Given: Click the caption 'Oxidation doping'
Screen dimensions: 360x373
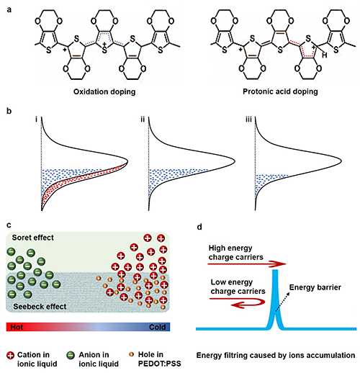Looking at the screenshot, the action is [104, 91].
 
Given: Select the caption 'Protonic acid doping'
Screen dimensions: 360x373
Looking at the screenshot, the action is [280, 91].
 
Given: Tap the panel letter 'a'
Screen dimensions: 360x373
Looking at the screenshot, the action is [9, 10].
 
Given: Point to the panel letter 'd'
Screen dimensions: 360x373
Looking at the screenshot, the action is [199, 227].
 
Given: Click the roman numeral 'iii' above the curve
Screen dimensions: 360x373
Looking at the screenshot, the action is [248, 120].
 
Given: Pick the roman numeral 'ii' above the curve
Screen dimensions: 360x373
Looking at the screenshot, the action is [143, 120].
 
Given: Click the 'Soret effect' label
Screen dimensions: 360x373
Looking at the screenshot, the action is [33, 238].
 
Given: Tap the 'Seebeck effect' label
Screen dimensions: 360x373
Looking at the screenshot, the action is [40, 307].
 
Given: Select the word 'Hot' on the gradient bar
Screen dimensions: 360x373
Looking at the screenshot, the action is [17, 327].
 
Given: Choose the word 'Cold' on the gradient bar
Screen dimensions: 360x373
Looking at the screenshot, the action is [158, 327].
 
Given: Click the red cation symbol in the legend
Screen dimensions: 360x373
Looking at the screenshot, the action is [11, 355].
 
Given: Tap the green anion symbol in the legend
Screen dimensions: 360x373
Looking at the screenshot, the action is [71, 355].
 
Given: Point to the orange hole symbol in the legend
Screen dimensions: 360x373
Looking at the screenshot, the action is [131, 354].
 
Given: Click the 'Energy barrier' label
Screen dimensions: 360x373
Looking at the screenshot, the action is [315, 287].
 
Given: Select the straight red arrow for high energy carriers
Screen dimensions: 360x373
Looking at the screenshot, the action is [247, 264].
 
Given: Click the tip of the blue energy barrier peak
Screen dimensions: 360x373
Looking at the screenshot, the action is [275, 270].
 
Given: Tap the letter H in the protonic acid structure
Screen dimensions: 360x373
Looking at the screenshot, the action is [324, 55].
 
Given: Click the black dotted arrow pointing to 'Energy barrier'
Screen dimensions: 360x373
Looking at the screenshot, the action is [282, 302].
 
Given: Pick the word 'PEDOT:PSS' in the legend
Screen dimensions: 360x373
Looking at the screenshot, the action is [160, 364].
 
